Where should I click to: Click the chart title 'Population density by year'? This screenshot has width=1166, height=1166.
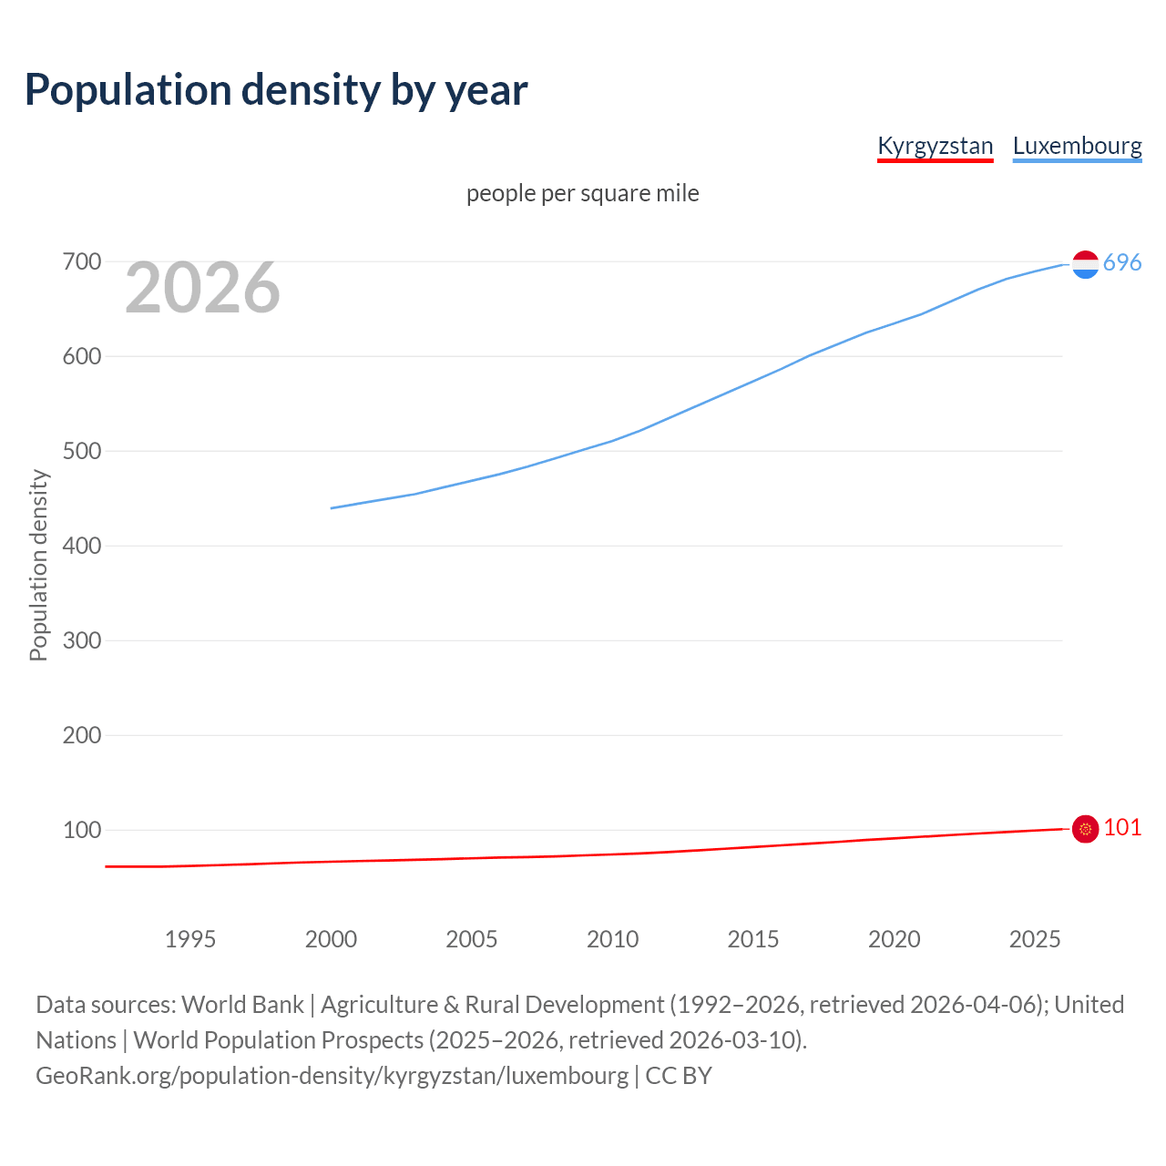point(276,90)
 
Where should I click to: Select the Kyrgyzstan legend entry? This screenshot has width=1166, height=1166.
point(935,146)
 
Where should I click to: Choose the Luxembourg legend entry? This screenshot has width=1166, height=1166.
point(1077,146)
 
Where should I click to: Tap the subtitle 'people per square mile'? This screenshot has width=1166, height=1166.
point(582,193)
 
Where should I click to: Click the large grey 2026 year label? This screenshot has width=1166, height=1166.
point(202,288)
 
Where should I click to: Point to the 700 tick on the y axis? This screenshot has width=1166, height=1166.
point(81,262)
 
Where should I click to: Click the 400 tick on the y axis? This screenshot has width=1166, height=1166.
point(81,547)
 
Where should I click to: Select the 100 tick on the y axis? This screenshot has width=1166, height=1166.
point(81,830)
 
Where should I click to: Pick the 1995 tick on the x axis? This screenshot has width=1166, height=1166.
point(189,939)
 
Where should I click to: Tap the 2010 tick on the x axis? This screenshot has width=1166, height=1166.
point(612,939)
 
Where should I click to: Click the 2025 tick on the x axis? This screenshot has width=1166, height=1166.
point(1035,939)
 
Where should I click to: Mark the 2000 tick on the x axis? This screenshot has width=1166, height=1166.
point(331,939)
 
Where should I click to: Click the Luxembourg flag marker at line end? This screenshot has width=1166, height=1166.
point(1085,264)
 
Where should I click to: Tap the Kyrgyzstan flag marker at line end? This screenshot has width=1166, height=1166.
point(1085,829)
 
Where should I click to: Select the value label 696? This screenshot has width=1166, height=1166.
point(1122,263)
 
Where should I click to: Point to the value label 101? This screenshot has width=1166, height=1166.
point(1122,827)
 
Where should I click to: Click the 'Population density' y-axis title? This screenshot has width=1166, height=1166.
point(38,565)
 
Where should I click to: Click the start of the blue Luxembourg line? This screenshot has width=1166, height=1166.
point(332,508)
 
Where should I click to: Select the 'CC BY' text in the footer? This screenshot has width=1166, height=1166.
point(679,1076)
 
